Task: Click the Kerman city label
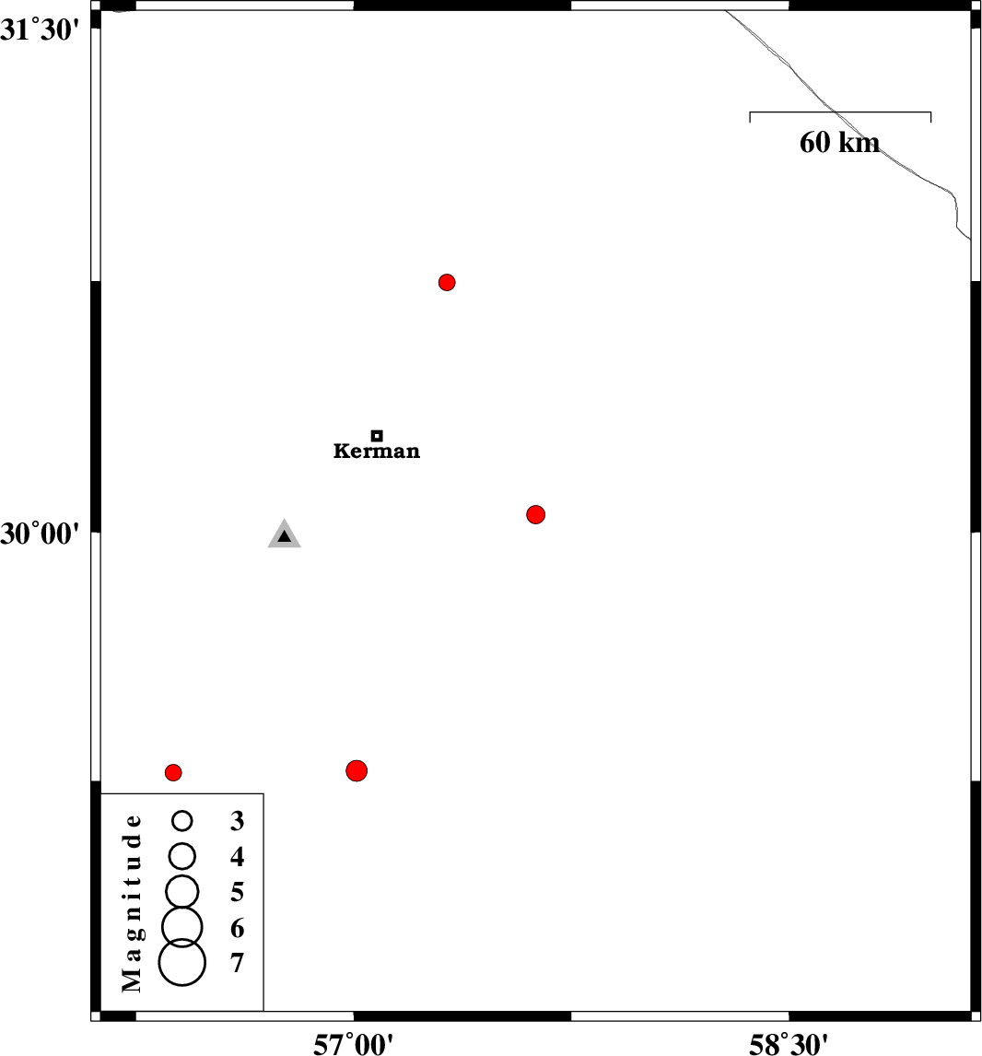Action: [x=376, y=451]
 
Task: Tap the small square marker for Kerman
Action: [x=377, y=436]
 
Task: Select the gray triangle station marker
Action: [x=284, y=534]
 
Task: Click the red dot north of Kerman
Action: [x=447, y=282]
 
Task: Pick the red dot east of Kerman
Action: [x=536, y=514]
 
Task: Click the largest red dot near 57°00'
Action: [x=357, y=770]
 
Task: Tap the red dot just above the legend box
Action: [x=174, y=772]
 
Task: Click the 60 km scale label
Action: [x=839, y=143]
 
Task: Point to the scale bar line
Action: [x=841, y=111]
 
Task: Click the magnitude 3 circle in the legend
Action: [x=182, y=820]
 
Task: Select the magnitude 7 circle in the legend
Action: [x=182, y=962]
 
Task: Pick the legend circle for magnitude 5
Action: [x=182, y=892]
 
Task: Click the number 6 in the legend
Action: [x=237, y=928]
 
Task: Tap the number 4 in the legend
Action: [x=237, y=857]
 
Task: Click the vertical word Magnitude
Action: [x=133, y=903]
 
